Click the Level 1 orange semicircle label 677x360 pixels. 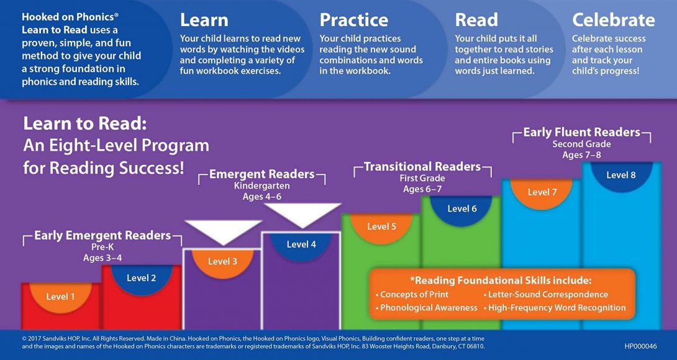tap(60, 297)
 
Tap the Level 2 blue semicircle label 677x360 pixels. tap(141, 278)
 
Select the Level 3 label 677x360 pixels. tap(222, 261)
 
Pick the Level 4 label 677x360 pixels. tap(301, 245)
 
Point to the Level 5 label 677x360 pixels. tap(382, 226)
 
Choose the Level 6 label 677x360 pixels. tap(462, 209)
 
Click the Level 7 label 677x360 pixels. tap(542, 192)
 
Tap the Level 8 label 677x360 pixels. tap(621, 175)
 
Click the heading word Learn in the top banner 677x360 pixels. tap(204, 20)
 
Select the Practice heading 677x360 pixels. tap(353, 20)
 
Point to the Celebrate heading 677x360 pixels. tap(614, 20)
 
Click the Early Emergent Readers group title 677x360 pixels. tap(102, 236)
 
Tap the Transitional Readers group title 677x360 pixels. tap(422, 166)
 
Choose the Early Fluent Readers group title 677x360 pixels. tap(581, 132)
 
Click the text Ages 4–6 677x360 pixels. tap(261, 197)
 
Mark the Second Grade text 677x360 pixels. tap(581, 144)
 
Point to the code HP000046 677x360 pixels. tap(641, 346)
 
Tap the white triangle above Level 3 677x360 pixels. tap(223, 231)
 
